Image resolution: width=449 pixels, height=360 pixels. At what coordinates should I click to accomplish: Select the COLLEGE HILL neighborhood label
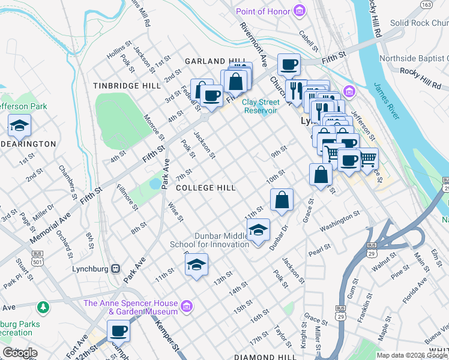coord(205,188)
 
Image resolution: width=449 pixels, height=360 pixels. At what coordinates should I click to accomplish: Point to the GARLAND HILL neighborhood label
coord(215,62)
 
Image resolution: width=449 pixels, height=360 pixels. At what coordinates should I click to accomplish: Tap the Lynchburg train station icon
coord(116,269)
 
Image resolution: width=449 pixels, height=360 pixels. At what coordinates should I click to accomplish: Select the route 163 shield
coord(426,5)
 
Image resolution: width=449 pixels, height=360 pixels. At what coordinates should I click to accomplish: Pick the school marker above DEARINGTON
coord(19,126)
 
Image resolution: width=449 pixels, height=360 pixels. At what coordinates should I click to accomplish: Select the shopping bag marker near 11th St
coord(282,200)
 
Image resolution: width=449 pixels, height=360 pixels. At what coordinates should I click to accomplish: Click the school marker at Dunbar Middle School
coord(258,230)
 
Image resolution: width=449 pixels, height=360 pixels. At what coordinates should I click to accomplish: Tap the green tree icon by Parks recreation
coord(43,308)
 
